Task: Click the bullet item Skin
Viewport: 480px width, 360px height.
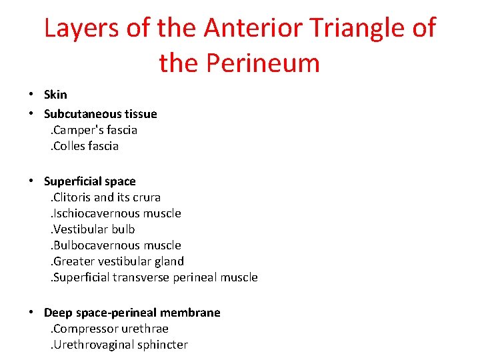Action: pos(55,95)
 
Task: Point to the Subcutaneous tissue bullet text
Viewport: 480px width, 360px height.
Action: pos(100,114)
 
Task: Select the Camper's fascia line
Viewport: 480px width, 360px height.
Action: pos(94,130)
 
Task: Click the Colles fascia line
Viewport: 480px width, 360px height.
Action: pos(85,146)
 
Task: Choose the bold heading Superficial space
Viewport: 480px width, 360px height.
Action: pos(89,181)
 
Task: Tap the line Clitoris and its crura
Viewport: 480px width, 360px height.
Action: pos(106,197)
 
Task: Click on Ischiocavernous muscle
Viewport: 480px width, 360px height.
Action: pos(116,213)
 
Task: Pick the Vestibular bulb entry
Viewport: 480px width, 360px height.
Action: pos(93,229)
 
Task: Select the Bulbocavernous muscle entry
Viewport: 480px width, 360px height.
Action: pos(116,245)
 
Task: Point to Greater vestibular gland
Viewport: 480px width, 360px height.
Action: pos(117,261)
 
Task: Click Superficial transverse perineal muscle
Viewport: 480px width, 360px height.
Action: pos(154,277)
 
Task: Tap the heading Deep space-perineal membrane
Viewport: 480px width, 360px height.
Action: pos(132,313)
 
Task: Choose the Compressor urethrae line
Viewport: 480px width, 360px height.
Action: pos(110,329)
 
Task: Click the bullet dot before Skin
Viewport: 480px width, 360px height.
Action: pos(31,95)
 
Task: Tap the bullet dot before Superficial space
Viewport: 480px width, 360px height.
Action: pos(31,182)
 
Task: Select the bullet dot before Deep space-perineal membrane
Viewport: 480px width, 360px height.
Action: pos(31,313)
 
